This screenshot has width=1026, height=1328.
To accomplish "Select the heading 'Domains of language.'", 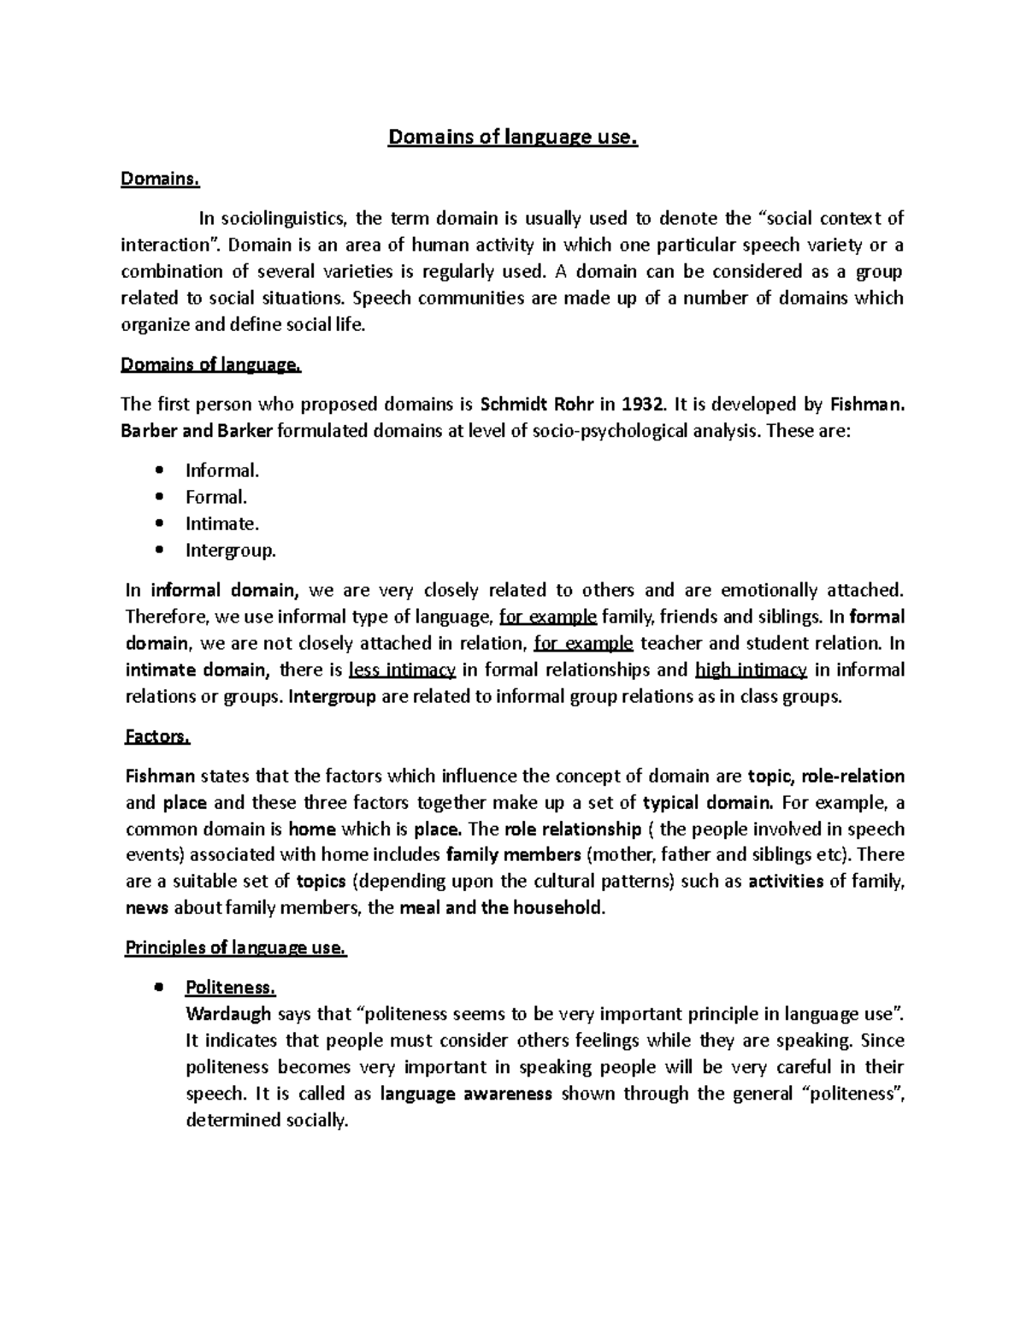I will [212, 365].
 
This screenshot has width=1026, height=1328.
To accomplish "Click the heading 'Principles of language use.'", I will [236, 947].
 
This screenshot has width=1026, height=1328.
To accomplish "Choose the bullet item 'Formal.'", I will [216, 497].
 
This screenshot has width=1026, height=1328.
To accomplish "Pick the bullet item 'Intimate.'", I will [222, 523].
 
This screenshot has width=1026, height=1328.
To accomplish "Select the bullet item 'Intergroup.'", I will [231, 550].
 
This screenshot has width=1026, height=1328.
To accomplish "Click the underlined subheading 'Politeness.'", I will [231, 988].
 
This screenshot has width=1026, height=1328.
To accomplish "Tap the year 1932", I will [642, 404].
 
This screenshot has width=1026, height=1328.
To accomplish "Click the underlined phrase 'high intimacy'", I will [752, 670].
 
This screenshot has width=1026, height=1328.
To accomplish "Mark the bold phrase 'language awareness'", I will [466, 1094].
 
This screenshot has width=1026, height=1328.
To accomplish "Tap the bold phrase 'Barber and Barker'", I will [198, 431].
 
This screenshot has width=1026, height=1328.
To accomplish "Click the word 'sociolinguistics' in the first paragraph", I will [280, 219].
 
